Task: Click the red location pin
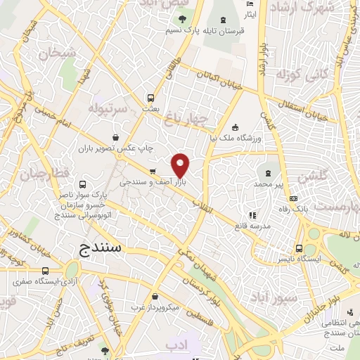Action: click(181, 165)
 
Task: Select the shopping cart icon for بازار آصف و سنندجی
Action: click(152, 172)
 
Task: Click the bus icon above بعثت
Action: click(150, 98)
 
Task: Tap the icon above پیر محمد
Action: click(269, 172)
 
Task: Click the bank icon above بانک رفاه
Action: click(293, 198)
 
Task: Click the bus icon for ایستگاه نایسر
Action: click(300, 248)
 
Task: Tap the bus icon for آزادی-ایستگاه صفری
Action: click(46, 271)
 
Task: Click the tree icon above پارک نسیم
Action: click(182, 19)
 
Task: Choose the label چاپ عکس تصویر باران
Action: click(124, 148)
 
